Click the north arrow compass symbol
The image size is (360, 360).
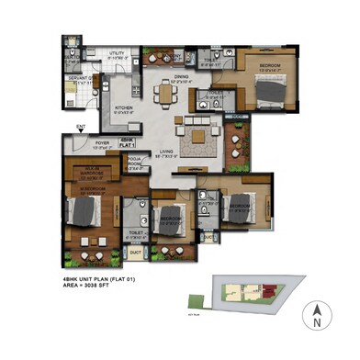[x=316, y=317]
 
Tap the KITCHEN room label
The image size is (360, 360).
[x=124, y=107]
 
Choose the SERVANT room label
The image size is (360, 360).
[x=74, y=81]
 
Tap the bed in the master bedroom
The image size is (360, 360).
[x=80, y=213]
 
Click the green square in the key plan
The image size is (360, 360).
[x=195, y=298]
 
